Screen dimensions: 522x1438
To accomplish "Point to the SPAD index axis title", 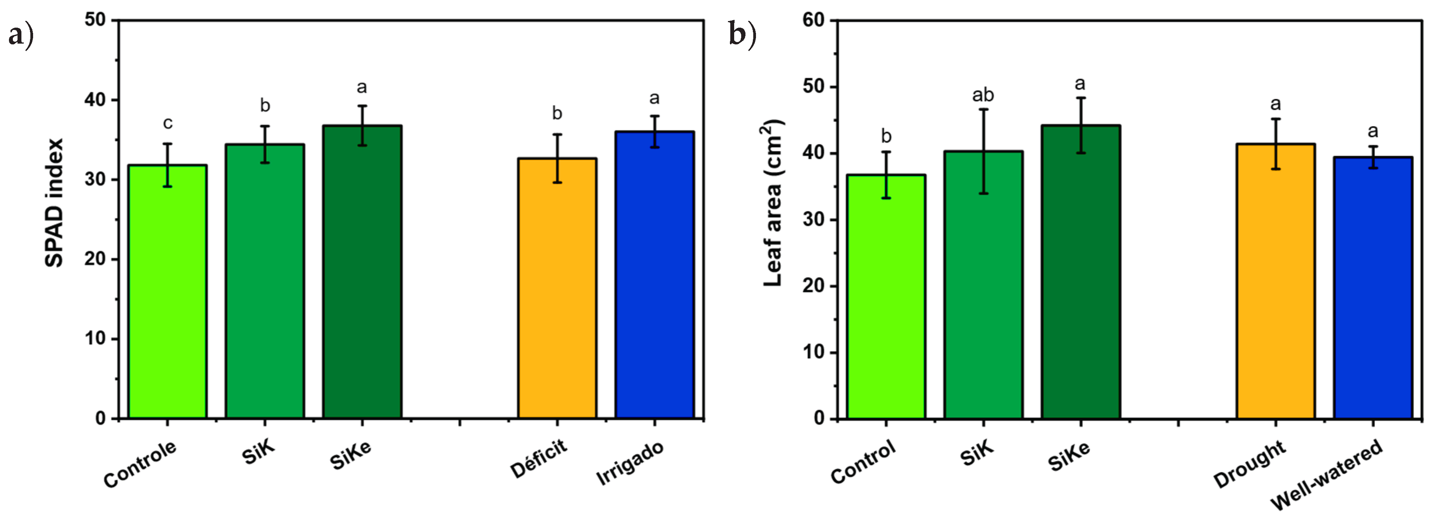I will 54,203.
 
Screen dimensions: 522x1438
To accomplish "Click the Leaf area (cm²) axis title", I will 773,203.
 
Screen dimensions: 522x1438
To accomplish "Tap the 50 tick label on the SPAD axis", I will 95,20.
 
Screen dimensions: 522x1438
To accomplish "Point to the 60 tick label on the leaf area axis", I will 813,20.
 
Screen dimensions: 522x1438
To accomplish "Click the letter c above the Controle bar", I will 167,123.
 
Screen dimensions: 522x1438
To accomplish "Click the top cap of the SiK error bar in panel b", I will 984,109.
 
